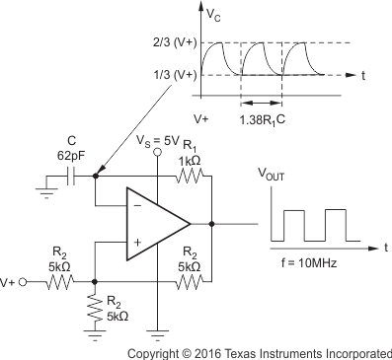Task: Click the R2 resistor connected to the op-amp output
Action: pos(190,281)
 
